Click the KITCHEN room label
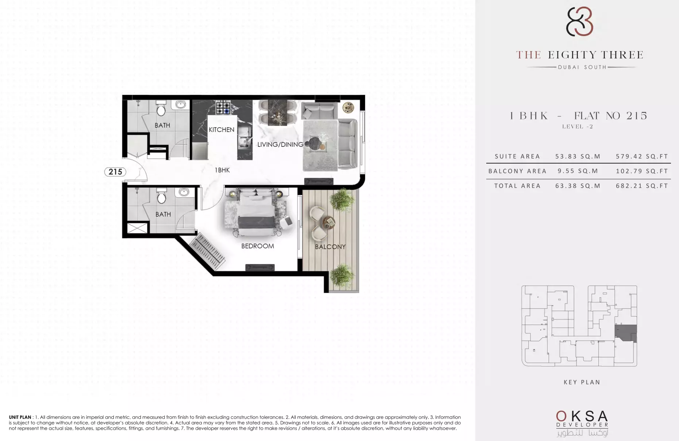[x=221, y=130]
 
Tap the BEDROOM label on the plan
[x=257, y=246]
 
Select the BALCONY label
[x=330, y=247]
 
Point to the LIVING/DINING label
[x=280, y=145]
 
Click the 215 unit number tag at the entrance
[x=115, y=172]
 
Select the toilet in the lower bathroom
[x=161, y=196]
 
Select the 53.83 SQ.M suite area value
[x=578, y=156]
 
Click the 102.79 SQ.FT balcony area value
[x=642, y=171]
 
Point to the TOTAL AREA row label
[x=517, y=186]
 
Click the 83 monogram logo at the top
[x=579, y=22]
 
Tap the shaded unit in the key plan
[x=626, y=333]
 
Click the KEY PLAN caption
[x=582, y=382]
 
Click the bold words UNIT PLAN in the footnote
[x=20, y=417]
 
